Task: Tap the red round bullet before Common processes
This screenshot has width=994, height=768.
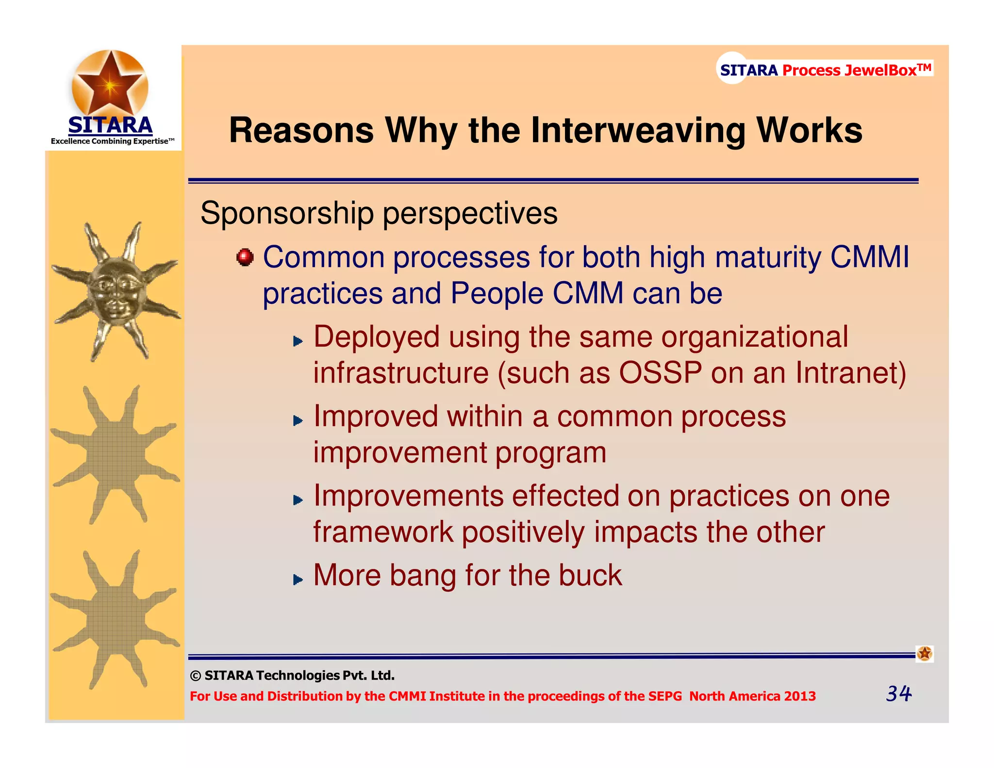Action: pyautogui.click(x=245, y=257)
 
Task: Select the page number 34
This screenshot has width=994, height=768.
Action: pyautogui.click(x=898, y=693)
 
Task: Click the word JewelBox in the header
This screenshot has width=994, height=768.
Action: pyautogui.click(x=880, y=70)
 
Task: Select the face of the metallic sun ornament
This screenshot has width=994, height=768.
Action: pyautogui.click(x=115, y=291)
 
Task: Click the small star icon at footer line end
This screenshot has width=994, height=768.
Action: pyautogui.click(x=924, y=653)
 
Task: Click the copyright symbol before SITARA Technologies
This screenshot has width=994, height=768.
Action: pyautogui.click(x=196, y=676)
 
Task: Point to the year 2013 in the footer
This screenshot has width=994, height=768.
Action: pyautogui.click(x=800, y=696)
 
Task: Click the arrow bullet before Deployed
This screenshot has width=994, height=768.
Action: pyautogui.click(x=298, y=341)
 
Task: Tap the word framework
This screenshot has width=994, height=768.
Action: pyautogui.click(x=382, y=532)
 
